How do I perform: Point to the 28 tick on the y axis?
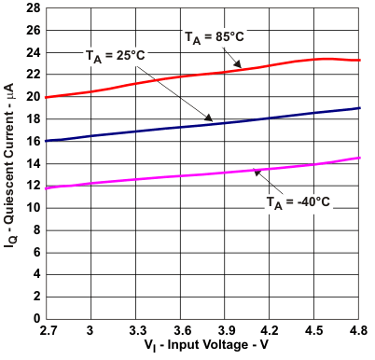pyautogui.click(x=33, y=7)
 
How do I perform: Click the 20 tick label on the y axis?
pyautogui.click(x=33, y=96)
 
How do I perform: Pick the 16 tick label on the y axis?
pyautogui.click(x=33, y=141)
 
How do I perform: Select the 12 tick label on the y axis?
pyautogui.click(x=33, y=186)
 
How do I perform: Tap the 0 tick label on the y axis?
pyautogui.click(x=35, y=320)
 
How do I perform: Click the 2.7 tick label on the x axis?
pyautogui.click(x=45, y=332)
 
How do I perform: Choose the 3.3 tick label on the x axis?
pyautogui.click(x=135, y=332)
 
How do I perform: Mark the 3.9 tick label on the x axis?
pyautogui.click(x=225, y=332)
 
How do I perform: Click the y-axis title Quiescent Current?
pyautogui.click(x=10, y=163)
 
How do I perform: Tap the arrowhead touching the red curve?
pyautogui.click(x=240, y=66)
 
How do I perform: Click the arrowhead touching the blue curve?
pyautogui.click(x=210, y=119)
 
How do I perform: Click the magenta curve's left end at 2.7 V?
pyautogui.click(x=45, y=187)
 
